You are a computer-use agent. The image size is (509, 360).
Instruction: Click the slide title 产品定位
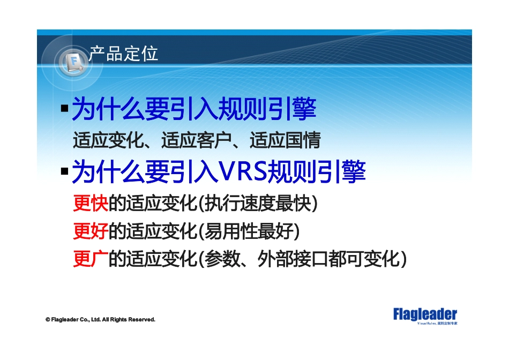coord(123,54)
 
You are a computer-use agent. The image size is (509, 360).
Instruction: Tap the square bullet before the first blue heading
coord(64,109)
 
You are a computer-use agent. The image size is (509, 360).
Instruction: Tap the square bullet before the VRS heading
coord(64,172)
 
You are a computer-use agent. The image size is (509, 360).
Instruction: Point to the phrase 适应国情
coord(285,140)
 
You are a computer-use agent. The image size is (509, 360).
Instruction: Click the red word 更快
coord(91,204)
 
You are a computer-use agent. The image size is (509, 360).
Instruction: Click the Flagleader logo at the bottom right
coord(425,314)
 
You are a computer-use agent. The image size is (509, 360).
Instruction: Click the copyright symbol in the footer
coord(48,320)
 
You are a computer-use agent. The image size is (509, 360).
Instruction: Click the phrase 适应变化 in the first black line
coord(108,140)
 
